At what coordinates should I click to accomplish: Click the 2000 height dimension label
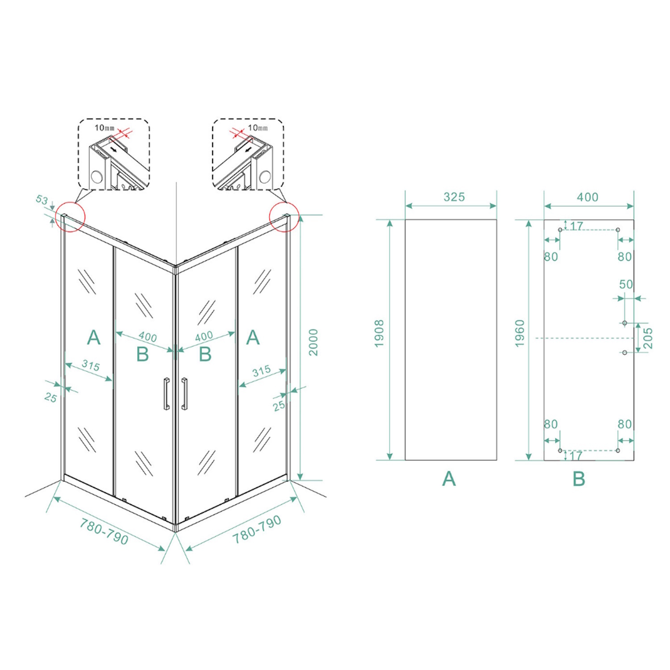click(314, 342)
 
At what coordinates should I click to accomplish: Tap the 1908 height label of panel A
click(379, 334)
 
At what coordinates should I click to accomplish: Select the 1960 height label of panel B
click(519, 334)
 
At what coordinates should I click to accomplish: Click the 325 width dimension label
click(454, 197)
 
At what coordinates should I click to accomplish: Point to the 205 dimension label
click(649, 338)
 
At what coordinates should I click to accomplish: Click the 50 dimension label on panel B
click(626, 285)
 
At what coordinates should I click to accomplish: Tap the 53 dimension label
click(42, 200)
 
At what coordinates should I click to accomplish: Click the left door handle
click(167, 394)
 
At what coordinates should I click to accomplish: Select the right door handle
click(184, 394)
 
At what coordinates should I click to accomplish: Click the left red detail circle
click(70, 217)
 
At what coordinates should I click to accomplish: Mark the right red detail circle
click(284, 217)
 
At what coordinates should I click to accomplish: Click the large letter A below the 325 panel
click(449, 479)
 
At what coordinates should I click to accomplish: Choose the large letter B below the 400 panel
click(578, 479)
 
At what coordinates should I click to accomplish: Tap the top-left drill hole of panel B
click(560, 230)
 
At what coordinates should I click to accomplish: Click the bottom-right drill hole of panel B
click(618, 450)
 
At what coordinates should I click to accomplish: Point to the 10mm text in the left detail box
click(104, 128)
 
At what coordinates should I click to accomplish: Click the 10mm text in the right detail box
click(258, 128)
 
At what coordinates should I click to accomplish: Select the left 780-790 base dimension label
click(104, 531)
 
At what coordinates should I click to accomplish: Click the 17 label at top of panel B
click(577, 226)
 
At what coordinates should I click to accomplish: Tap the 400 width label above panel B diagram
click(587, 197)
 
